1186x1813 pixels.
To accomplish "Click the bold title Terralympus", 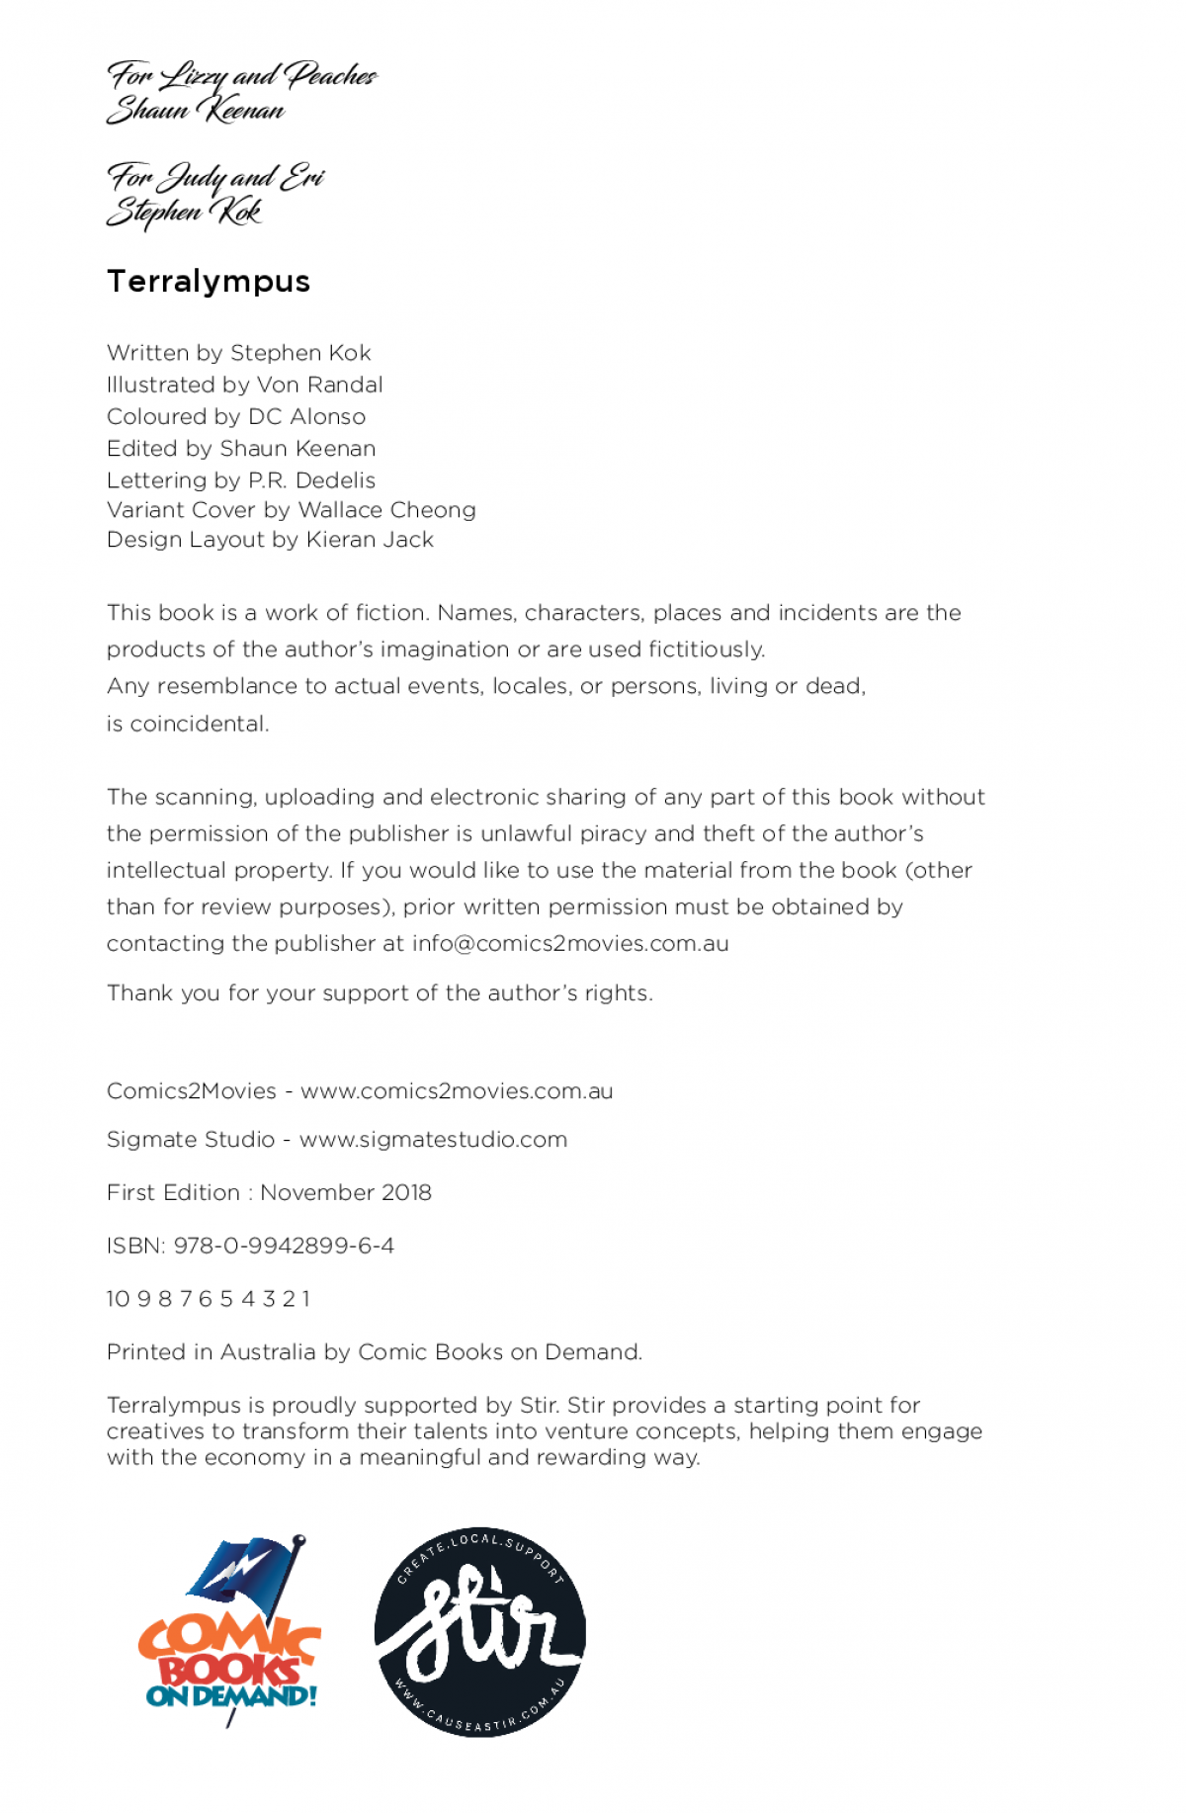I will tap(209, 282).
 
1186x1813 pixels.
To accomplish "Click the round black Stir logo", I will tap(479, 1631).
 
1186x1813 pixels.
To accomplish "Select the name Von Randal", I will tap(319, 385).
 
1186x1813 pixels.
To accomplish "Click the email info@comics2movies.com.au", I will tap(570, 944).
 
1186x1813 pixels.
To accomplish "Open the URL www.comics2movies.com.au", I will tap(457, 1091).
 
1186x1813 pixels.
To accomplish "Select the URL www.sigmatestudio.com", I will tap(433, 1140).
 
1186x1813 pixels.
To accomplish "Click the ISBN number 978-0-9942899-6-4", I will tap(284, 1246).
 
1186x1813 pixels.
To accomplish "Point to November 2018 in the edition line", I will tap(346, 1193).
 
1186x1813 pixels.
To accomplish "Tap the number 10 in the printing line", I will tap(118, 1299).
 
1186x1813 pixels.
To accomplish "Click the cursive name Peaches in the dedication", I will tap(330, 75).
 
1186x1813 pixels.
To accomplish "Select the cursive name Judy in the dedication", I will tap(193, 178).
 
